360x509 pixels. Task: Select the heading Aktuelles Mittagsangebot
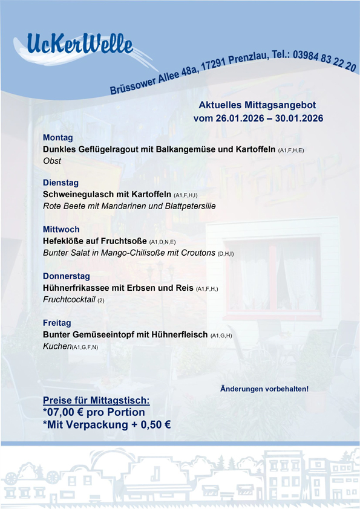coord(257,105)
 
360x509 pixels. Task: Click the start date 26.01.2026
coord(240,118)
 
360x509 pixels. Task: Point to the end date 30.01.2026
coord(299,118)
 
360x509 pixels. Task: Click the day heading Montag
coord(58,137)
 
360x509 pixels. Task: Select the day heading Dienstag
coord(61,183)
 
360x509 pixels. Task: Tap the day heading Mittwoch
coord(61,230)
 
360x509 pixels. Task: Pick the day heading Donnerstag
coord(67,276)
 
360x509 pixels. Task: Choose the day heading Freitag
coord(57,323)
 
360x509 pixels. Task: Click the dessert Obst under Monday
coord(52,161)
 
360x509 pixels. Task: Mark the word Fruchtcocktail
coord(69,299)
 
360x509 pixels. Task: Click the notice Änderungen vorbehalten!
coord(264,388)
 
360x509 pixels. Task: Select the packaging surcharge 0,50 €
coord(155,424)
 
